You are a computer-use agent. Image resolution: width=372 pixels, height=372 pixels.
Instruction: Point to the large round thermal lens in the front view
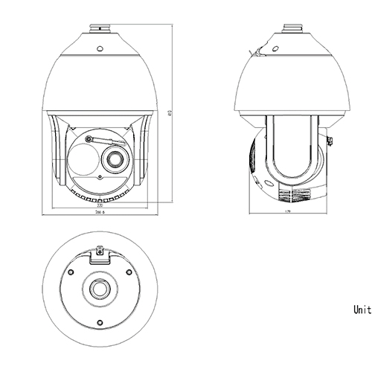(84, 158)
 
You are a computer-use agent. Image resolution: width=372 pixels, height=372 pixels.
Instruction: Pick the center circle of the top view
(100, 289)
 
